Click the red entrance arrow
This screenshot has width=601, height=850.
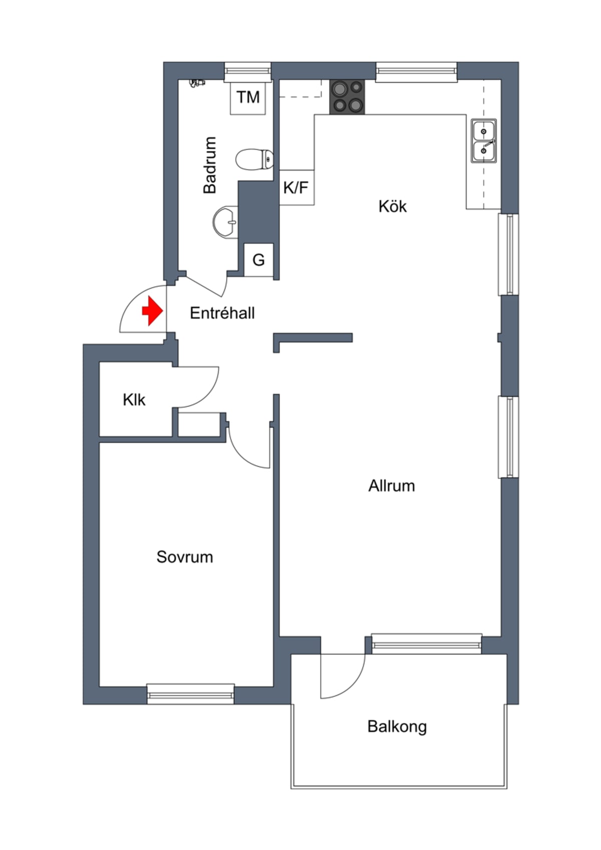[153, 311]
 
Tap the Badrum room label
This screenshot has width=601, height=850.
[209, 165]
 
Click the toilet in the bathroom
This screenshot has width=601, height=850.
[254, 159]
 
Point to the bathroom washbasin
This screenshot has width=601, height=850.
[225, 222]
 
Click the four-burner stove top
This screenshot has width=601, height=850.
[347, 97]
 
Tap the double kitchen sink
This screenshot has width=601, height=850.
[483, 141]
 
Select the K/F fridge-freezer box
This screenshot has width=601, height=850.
[296, 187]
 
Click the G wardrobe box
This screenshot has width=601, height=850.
[258, 260]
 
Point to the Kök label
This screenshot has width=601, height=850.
[392, 206]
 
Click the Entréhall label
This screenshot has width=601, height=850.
[222, 313]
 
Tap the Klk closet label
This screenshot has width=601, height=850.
[134, 400]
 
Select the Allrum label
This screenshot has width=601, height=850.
[392, 486]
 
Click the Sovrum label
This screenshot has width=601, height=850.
[185, 557]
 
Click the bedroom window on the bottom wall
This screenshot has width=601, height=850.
[190, 694]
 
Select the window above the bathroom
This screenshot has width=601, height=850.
[248, 72]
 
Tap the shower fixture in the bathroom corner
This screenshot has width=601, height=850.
[197, 83]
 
